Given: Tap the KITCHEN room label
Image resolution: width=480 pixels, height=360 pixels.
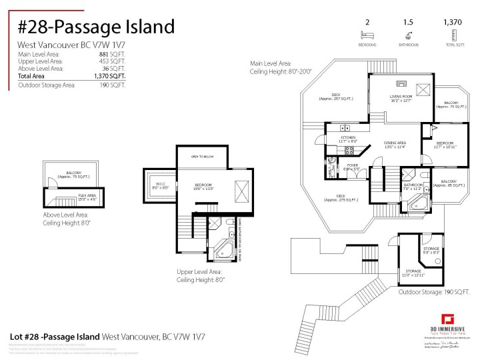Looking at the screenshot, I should coord(348,139).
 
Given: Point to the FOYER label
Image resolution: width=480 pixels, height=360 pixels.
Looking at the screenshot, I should coord(352,167).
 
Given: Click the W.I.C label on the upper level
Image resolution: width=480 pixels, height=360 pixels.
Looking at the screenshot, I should coord(161,186).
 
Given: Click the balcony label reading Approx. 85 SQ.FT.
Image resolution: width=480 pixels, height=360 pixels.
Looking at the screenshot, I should coord(449,183).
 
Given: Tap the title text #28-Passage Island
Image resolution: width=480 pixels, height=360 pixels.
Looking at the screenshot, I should coord(96,27).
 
